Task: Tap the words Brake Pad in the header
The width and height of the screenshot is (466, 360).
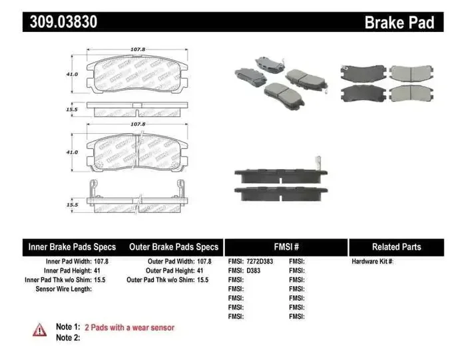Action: (399, 22)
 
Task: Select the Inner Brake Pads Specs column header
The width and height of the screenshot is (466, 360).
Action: (72, 246)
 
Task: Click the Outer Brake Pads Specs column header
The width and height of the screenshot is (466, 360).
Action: (173, 246)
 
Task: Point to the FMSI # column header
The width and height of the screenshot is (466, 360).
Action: (286, 246)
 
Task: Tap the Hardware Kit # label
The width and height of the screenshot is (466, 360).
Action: (373, 262)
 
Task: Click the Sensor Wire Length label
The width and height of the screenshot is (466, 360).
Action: (63, 289)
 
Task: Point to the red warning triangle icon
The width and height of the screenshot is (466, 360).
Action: (40, 329)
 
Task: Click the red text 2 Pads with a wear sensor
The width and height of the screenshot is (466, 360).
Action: (129, 327)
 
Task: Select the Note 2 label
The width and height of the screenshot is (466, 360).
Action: (68, 338)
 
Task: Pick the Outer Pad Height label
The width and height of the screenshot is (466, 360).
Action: (170, 271)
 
